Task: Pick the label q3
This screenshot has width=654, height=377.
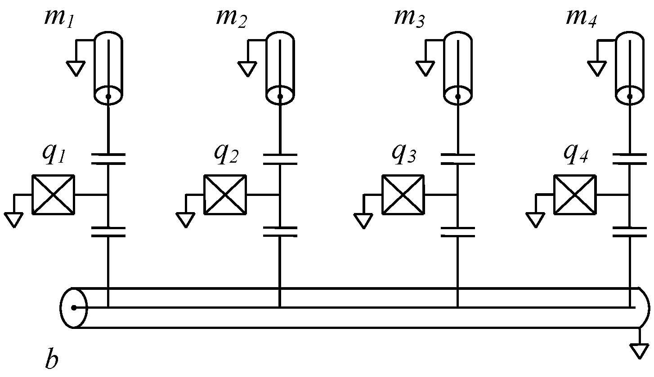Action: pyautogui.click(x=403, y=155)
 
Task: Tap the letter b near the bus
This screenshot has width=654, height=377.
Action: pyautogui.click(x=52, y=359)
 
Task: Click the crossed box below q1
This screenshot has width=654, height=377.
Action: pyautogui.click(x=53, y=195)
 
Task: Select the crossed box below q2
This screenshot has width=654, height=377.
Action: pyautogui.click(x=225, y=195)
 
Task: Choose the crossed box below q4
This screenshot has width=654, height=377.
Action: pyautogui.click(x=575, y=195)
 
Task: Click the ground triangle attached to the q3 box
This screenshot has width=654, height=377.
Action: pyautogui.click(x=363, y=221)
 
